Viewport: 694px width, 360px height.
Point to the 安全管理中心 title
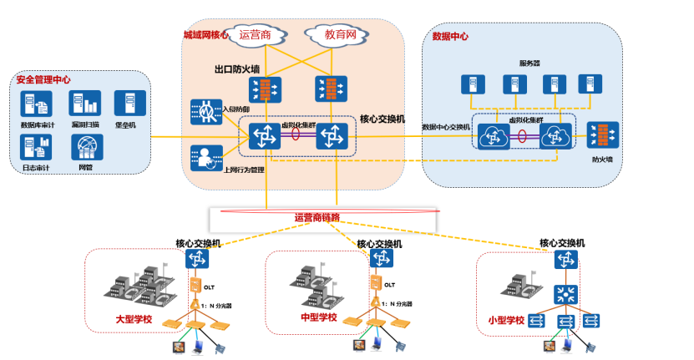(x=43, y=80)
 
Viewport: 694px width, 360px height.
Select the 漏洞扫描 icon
(x=84, y=104)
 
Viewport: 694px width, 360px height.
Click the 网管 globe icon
(x=85, y=147)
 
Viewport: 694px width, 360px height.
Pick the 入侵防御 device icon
(x=205, y=111)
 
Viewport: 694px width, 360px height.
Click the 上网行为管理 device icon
(x=205, y=155)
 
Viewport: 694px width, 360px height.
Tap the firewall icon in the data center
(x=602, y=134)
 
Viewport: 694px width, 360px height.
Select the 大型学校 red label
(x=134, y=319)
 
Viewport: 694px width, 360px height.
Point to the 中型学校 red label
(x=318, y=318)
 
